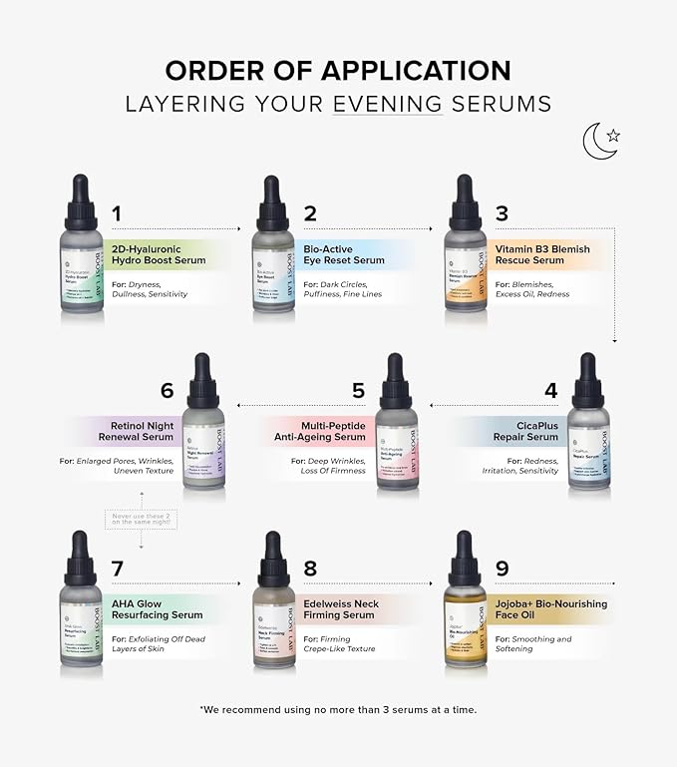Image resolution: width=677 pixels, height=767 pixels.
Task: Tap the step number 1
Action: click(116, 213)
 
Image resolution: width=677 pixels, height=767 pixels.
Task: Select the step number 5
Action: click(357, 391)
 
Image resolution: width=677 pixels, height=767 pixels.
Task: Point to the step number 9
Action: click(502, 569)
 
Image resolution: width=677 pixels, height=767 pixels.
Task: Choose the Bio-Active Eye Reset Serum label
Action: click(344, 254)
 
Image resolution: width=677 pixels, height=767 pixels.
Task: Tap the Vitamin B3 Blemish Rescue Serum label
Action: click(542, 254)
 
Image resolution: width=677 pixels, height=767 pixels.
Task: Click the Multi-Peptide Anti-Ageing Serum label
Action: click(321, 431)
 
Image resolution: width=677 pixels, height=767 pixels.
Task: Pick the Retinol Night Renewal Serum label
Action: click(136, 431)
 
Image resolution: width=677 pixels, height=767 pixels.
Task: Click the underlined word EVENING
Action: click(389, 104)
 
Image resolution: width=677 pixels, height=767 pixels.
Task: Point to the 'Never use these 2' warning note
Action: click(140, 519)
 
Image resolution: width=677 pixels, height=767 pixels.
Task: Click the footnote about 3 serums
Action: click(338, 709)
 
